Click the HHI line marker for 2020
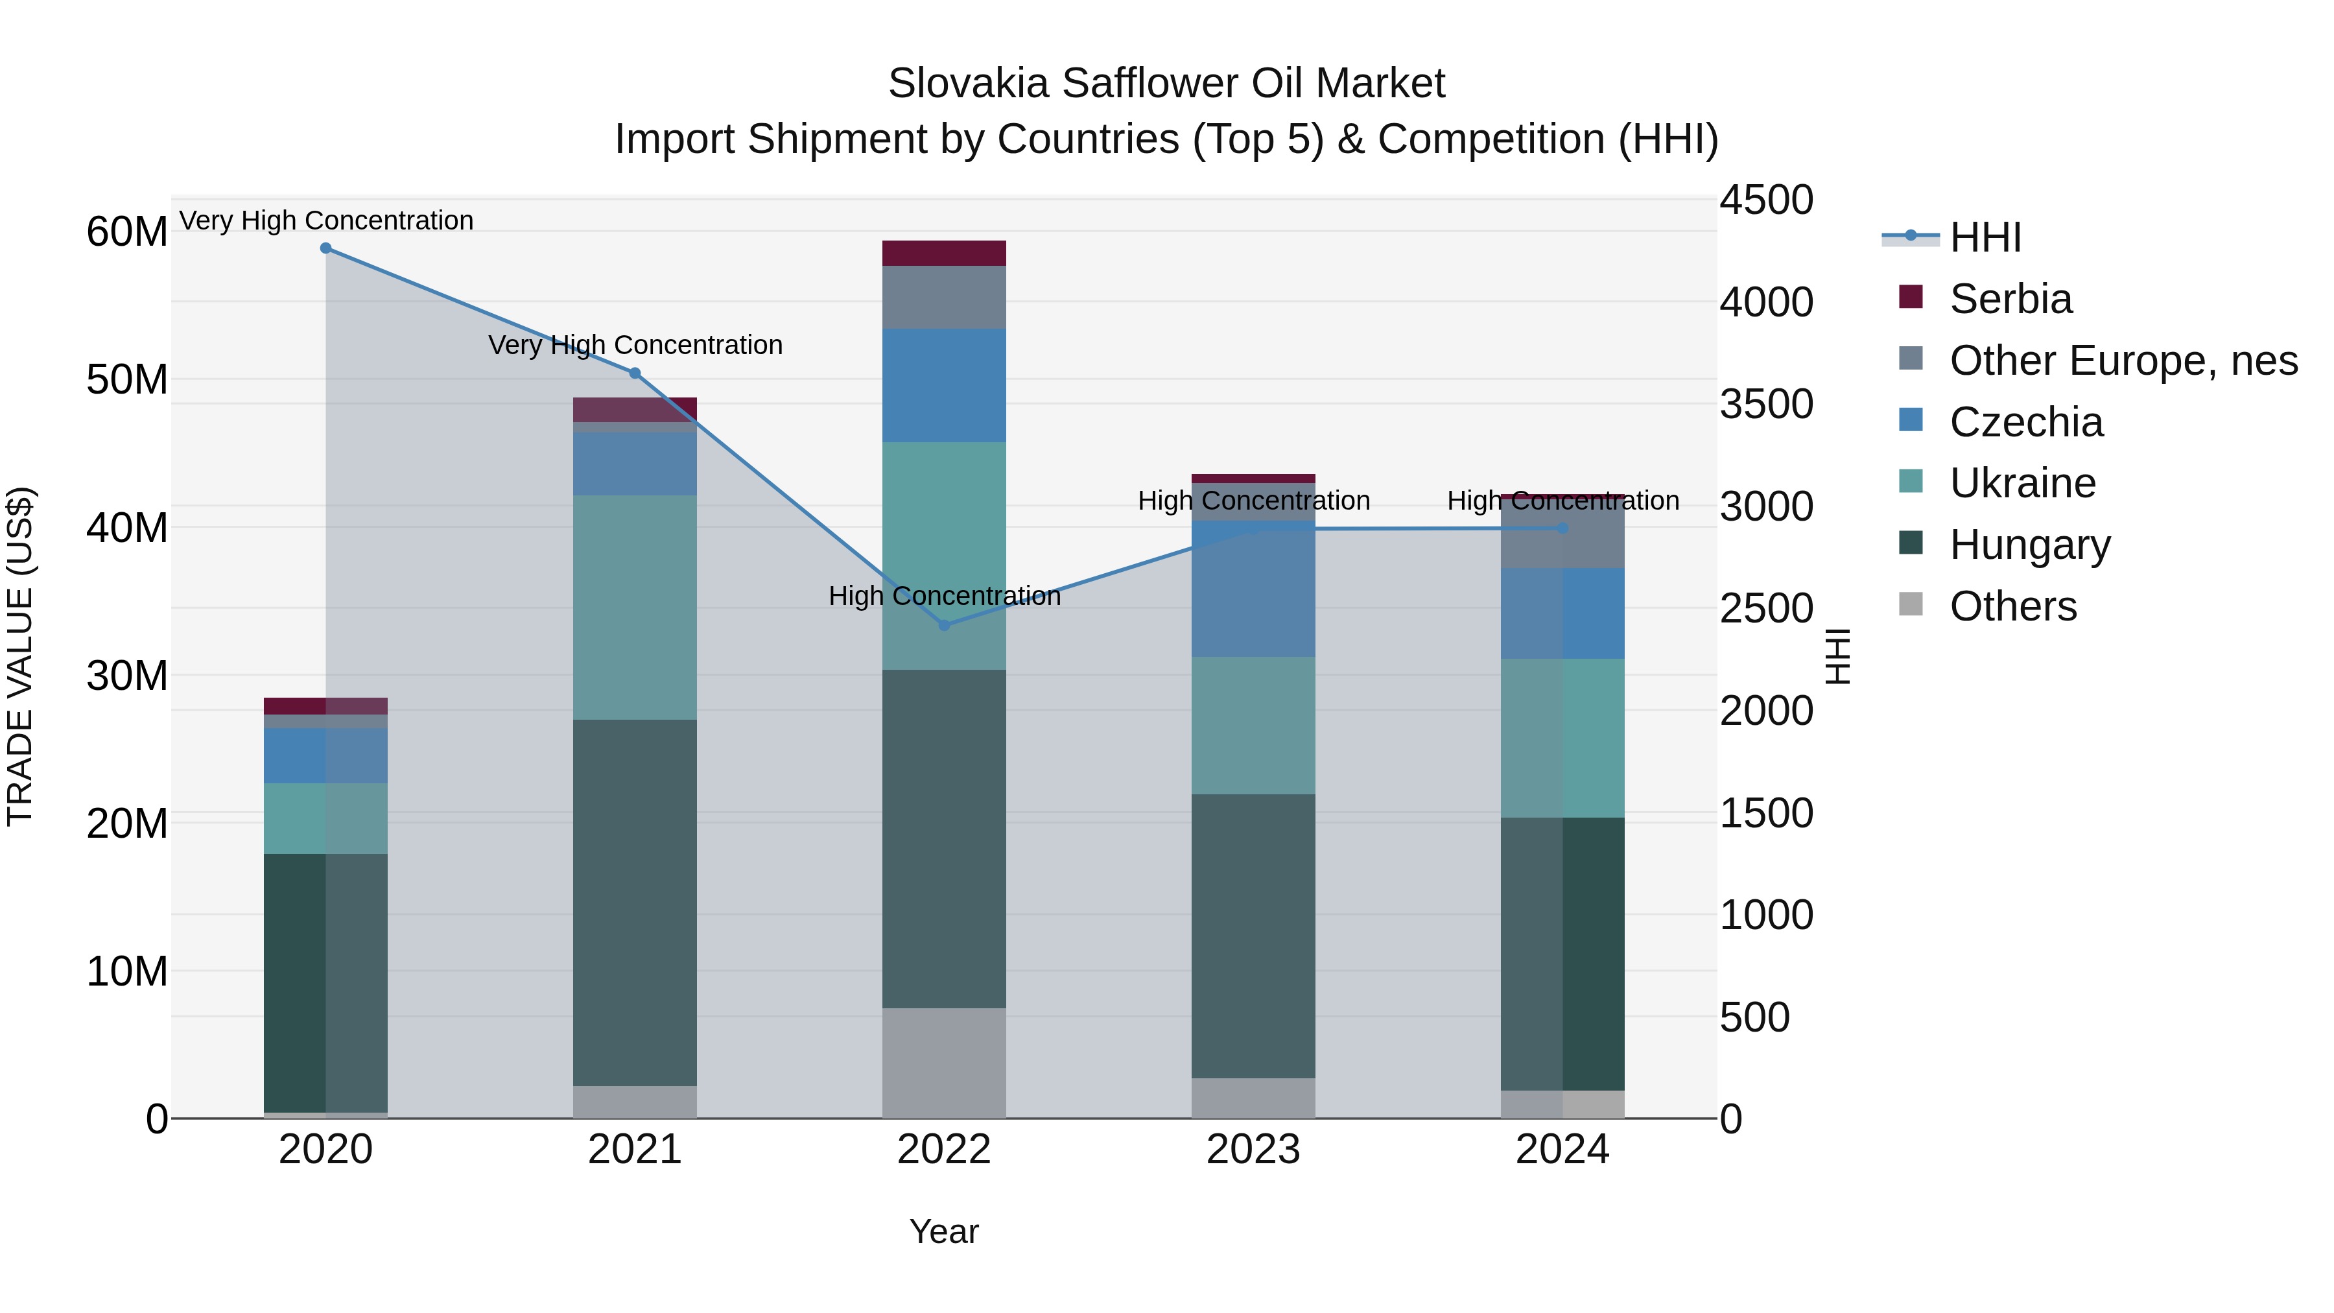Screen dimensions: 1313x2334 click(326, 248)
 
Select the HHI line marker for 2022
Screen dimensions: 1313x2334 click(944, 625)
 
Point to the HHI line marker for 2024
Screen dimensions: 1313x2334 click(1563, 528)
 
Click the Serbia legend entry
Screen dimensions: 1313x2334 click(2010, 299)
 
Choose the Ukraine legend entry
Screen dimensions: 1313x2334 click(2022, 483)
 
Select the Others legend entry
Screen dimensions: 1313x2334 click(2012, 606)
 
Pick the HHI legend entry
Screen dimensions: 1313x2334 click(1985, 237)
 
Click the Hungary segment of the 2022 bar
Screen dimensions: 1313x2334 click(944, 838)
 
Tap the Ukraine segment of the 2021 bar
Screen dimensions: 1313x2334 click(635, 607)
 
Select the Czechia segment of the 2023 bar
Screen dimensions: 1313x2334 click(1253, 589)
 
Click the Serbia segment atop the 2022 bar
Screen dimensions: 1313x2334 click(944, 254)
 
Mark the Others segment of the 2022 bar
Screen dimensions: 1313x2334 click(944, 1063)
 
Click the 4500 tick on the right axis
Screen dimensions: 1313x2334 click(1766, 200)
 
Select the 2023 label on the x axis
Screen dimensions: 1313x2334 click(1253, 1150)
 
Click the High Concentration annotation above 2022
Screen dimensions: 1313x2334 click(944, 597)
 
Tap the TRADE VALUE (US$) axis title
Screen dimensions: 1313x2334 click(21, 656)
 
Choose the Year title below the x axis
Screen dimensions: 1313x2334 click(944, 1231)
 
